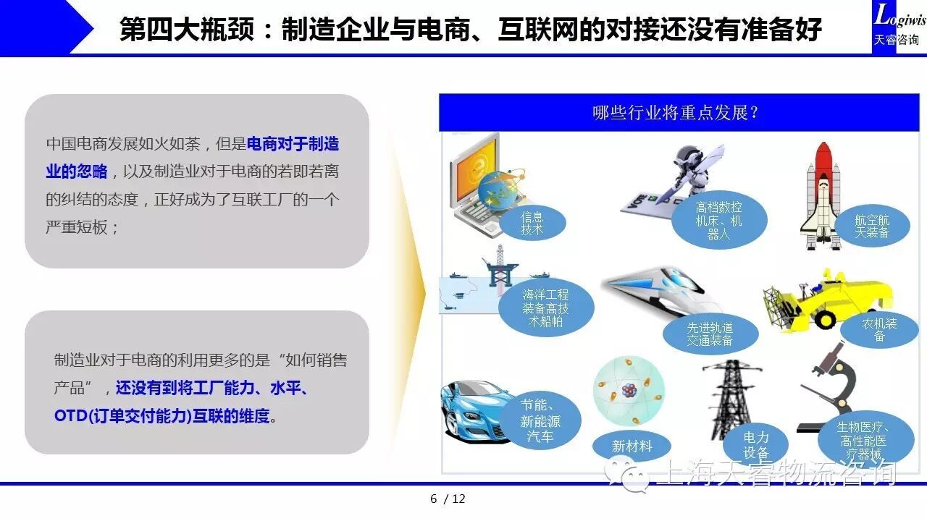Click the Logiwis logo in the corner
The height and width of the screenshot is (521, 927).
tap(899, 25)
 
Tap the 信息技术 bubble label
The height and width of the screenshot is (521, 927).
tap(532, 224)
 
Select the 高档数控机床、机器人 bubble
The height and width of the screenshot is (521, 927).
tap(719, 221)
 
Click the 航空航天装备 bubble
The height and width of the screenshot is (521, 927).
tap(872, 226)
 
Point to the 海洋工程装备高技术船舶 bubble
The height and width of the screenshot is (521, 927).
tap(546, 308)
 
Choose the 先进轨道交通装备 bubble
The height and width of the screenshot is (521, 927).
tap(710, 334)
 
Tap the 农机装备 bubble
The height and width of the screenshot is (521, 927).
tap(879, 329)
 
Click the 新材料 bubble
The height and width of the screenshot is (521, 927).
tap(632, 446)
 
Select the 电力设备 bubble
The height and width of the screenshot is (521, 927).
tap(755, 444)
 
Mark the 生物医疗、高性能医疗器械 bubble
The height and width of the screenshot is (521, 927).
tap(865, 439)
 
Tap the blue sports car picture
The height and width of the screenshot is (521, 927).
tap(476, 412)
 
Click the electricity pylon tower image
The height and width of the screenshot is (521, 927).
tap(729, 398)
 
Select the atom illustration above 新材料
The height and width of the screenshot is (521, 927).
tap(629, 391)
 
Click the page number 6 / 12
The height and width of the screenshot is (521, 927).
tap(448, 499)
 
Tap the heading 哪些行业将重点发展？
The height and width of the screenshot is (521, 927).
tap(676, 112)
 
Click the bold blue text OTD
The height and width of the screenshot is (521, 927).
tap(70, 415)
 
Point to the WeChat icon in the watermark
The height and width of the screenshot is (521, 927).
tap(627, 475)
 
